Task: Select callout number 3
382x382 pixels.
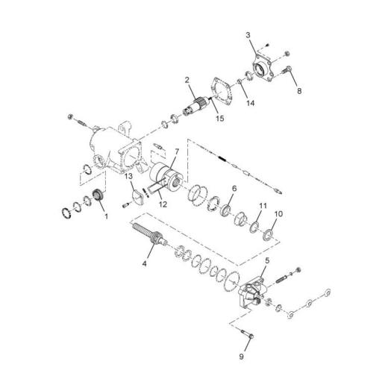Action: click(x=248, y=36)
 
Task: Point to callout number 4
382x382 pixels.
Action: click(x=145, y=263)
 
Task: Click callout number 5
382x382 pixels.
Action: click(x=266, y=260)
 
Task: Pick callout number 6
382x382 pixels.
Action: click(x=234, y=189)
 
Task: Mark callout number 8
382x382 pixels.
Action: click(x=299, y=91)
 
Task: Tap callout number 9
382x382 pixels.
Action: click(x=241, y=357)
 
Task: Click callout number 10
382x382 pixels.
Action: click(x=279, y=213)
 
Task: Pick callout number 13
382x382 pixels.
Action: click(x=128, y=176)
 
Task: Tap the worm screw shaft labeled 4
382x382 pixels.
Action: click(x=154, y=239)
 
